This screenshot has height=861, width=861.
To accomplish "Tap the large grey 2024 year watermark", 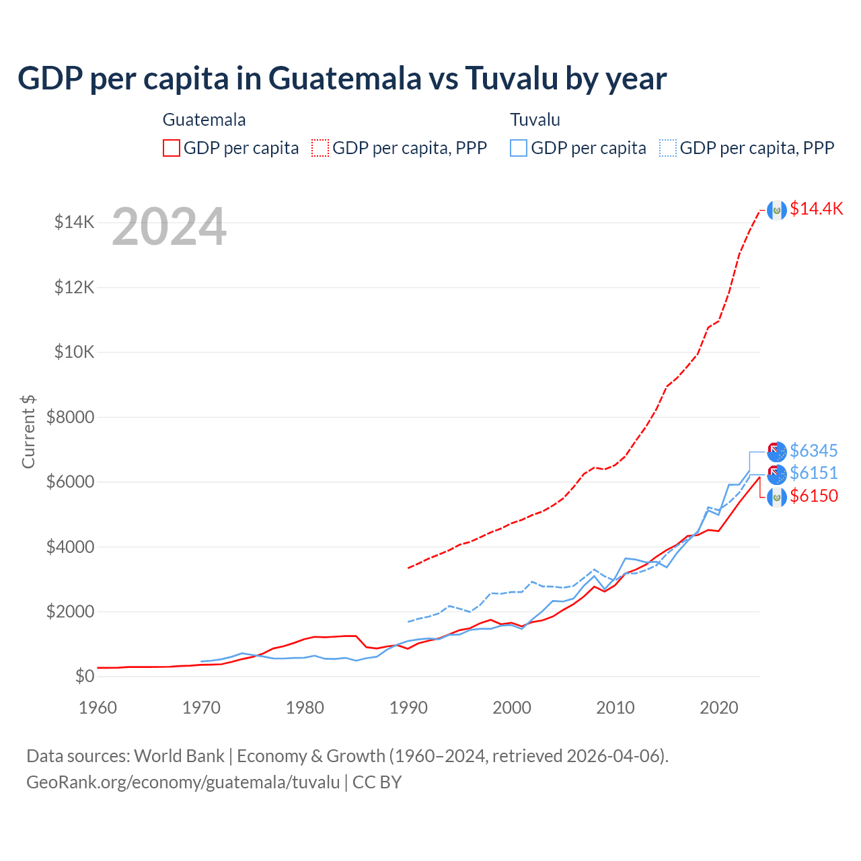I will pyautogui.click(x=169, y=227).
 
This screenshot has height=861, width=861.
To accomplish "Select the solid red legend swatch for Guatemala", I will pyautogui.click(x=172, y=148).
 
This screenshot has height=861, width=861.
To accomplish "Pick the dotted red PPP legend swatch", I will pyautogui.click(x=321, y=148).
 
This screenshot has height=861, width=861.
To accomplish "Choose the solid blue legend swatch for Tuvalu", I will pyautogui.click(x=519, y=148).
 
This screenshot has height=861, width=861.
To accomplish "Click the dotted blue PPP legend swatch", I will pyautogui.click(x=668, y=148).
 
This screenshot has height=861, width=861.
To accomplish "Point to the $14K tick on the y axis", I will pyautogui.click(x=74, y=222).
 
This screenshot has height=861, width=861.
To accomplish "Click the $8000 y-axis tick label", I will pyautogui.click(x=70, y=417).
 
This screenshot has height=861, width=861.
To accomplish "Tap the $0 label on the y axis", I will pyautogui.click(x=84, y=676).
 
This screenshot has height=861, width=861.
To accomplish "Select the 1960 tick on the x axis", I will pyautogui.click(x=98, y=708).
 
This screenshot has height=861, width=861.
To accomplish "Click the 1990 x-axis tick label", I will pyautogui.click(x=408, y=708).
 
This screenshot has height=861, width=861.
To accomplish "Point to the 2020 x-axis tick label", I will pyautogui.click(x=719, y=708).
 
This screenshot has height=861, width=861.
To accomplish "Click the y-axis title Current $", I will pyautogui.click(x=28, y=432).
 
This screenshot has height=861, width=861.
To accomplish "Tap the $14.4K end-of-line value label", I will pyautogui.click(x=816, y=209).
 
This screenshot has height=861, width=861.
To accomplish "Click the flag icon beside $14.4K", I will pyautogui.click(x=777, y=210).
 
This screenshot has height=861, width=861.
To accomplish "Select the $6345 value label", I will pyautogui.click(x=814, y=451).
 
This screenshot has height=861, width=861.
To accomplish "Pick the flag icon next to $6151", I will pyautogui.click(x=777, y=474).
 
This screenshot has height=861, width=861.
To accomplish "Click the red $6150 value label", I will pyautogui.click(x=814, y=496).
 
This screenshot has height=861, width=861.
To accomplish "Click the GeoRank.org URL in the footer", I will pyautogui.click(x=183, y=782).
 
